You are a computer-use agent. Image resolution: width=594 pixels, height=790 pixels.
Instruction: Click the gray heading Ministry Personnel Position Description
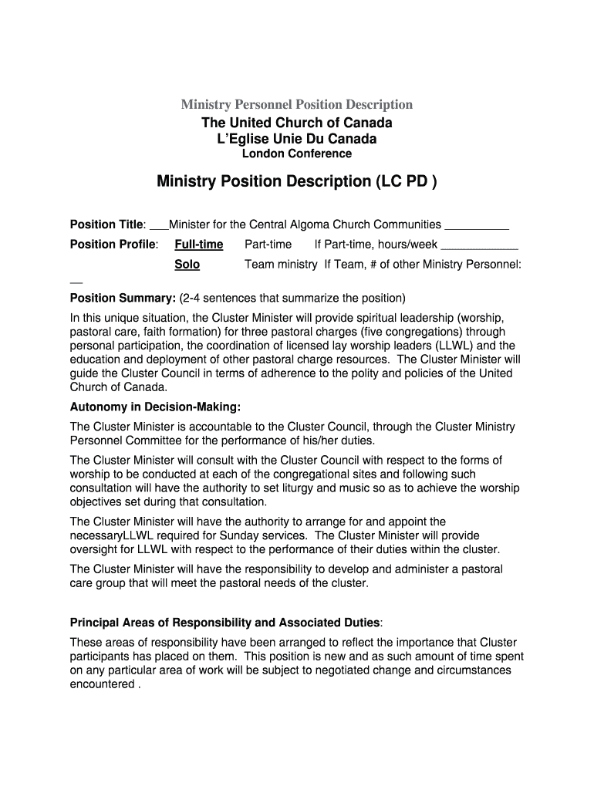(x=296, y=104)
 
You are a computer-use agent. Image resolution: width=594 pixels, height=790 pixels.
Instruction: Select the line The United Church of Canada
(x=296, y=123)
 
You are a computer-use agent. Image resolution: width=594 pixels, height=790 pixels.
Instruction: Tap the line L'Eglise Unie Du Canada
(x=296, y=139)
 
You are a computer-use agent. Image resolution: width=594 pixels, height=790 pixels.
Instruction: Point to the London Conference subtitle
(x=296, y=154)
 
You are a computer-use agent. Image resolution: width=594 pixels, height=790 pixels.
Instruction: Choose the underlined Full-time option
(x=198, y=245)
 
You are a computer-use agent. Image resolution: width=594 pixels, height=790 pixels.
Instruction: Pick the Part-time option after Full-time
(x=268, y=245)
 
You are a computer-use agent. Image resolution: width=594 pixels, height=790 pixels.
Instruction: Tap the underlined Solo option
(x=187, y=265)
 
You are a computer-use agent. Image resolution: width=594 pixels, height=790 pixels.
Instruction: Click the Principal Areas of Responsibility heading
(x=224, y=622)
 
